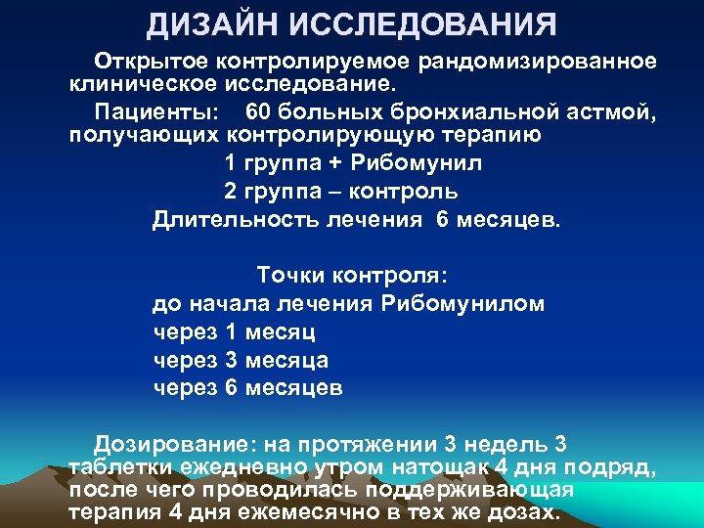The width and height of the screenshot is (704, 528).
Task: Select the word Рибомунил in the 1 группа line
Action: [x=422, y=161]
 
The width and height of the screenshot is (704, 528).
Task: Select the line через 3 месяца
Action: [x=241, y=360]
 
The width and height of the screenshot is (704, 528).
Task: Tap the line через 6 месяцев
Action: [x=248, y=388]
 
